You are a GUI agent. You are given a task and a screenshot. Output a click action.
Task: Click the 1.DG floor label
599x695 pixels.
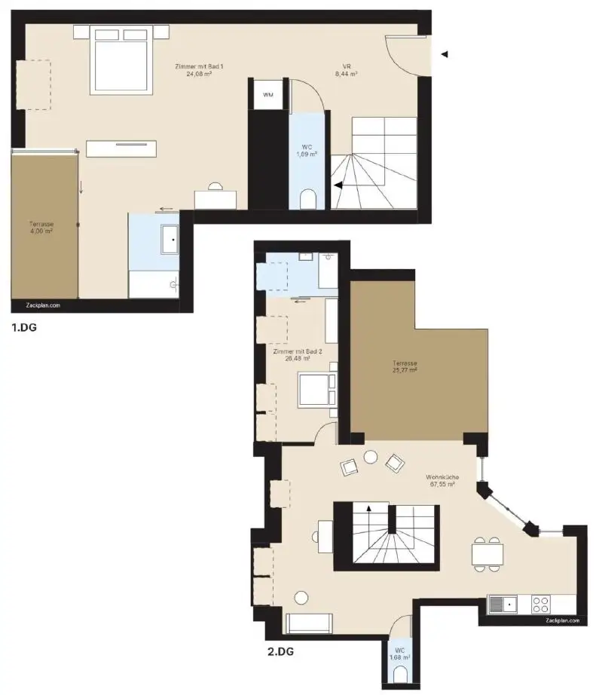pyautogui.click(x=23, y=328)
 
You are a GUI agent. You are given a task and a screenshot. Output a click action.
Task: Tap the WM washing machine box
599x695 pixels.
pyautogui.click(x=268, y=95)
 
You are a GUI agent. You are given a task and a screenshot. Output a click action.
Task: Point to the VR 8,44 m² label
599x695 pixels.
pyautogui.click(x=347, y=71)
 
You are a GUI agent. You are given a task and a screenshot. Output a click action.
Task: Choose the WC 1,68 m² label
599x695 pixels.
pyautogui.click(x=397, y=653)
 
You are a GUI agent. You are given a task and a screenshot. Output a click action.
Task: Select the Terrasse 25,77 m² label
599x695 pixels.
pyautogui.click(x=405, y=366)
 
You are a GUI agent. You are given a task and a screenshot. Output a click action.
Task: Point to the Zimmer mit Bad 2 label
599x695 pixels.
pyautogui.click(x=298, y=355)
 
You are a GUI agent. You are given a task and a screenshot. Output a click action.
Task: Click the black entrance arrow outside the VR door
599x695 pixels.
pyautogui.click(x=445, y=54)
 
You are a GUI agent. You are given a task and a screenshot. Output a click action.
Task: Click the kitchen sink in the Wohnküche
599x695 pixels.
pyautogui.click(x=504, y=604)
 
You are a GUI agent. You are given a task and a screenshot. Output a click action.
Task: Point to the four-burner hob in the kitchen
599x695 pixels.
pyautogui.click(x=539, y=604)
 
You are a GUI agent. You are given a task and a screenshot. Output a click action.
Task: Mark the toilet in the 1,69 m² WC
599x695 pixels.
pyautogui.click(x=307, y=200)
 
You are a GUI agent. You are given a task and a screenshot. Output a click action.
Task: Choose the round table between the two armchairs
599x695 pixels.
pyautogui.click(x=370, y=457)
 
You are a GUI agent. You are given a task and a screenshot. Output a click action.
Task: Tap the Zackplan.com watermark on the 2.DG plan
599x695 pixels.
pyautogui.click(x=563, y=620)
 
